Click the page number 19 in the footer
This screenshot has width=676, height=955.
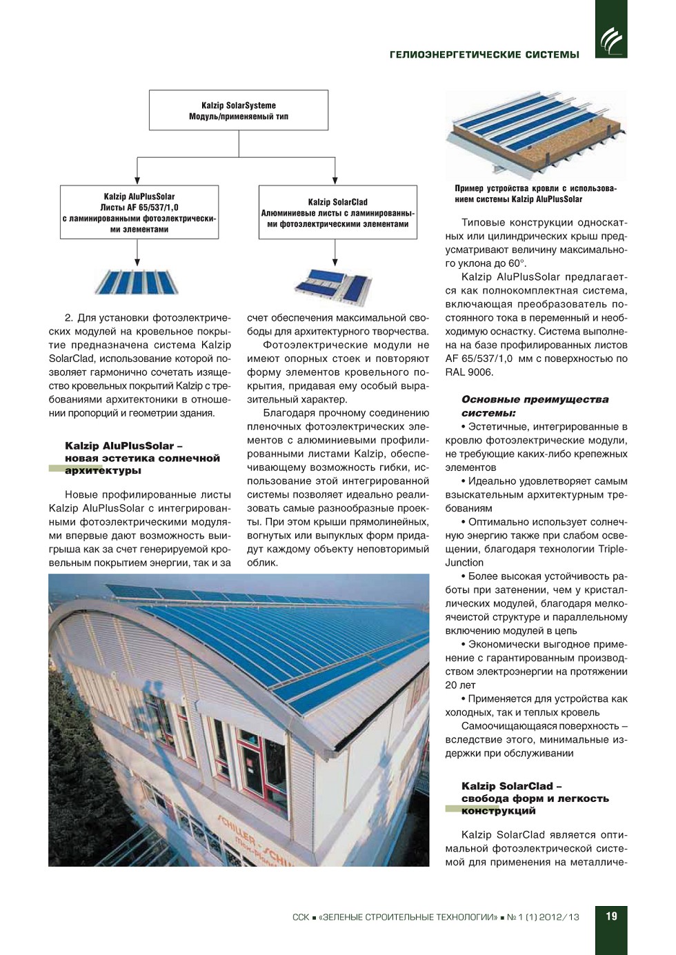coord(611,916)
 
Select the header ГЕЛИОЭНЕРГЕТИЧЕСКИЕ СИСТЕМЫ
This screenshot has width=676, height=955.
coord(484,55)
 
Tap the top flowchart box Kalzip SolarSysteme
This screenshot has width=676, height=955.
coord(239,110)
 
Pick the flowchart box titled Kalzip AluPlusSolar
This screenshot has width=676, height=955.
coord(139,212)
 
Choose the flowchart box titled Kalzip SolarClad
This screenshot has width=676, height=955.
coord(338,212)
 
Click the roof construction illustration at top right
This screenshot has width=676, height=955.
coord(535,134)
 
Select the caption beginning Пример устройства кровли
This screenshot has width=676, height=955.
coord(535,194)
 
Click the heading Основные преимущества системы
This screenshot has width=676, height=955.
coord(535,406)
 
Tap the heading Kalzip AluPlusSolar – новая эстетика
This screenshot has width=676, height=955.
coord(142,459)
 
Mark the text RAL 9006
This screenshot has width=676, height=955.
coord(469,372)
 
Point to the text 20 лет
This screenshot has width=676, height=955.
coord(460,685)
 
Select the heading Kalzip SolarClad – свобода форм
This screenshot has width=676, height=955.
coord(535,798)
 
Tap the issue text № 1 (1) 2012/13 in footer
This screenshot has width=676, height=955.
coord(543,917)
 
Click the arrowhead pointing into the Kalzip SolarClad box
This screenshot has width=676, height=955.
coord(335,181)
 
